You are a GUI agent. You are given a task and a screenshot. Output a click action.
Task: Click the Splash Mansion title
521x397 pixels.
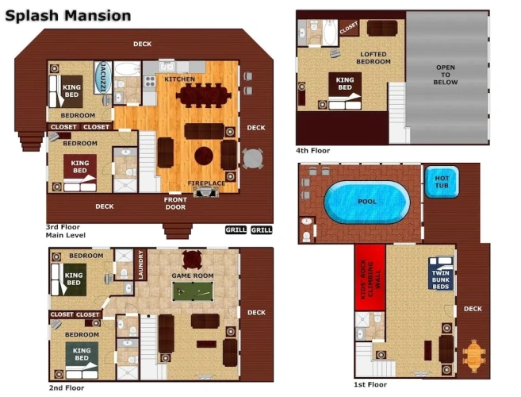pyautogui.click(x=68, y=16)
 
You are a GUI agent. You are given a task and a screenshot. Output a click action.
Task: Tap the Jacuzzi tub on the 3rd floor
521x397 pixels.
pyautogui.click(x=102, y=77)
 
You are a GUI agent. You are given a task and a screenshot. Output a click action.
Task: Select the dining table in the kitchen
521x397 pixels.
pyautogui.click(x=203, y=95)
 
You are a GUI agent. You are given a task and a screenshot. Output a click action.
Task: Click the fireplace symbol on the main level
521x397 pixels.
pyautogui.click(x=206, y=192)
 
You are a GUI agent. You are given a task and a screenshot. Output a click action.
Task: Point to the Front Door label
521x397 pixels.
pyautogui.click(x=175, y=203)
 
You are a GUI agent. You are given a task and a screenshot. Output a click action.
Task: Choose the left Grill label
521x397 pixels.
pyautogui.click(x=236, y=229)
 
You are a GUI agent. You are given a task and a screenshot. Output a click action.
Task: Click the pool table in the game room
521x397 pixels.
pyautogui.click(x=193, y=291)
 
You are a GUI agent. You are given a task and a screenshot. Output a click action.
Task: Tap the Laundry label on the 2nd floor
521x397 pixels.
pyautogui.click(x=140, y=265)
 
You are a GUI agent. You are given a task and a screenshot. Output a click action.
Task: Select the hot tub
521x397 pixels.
pyautogui.click(x=442, y=182)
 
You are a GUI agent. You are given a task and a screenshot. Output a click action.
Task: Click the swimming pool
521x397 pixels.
pyautogui.click(x=367, y=202)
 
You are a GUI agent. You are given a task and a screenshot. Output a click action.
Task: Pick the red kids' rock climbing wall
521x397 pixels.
pyautogui.click(x=370, y=277)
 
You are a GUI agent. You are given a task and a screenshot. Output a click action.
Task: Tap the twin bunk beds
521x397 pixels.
pyautogui.click(x=441, y=273)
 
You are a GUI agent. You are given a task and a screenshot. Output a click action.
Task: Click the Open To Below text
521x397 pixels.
pyautogui.click(x=446, y=75)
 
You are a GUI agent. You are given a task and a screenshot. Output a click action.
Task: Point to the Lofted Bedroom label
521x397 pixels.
pyautogui.click(x=374, y=58)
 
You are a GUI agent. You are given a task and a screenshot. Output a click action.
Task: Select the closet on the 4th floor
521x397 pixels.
pyautogui.click(x=349, y=28)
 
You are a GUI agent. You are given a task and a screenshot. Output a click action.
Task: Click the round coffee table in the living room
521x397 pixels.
pyautogui.click(x=204, y=156)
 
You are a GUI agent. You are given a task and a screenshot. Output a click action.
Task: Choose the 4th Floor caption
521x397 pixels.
pyautogui.click(x=312, y=150)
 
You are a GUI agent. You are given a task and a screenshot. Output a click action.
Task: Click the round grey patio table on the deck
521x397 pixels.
pyautogui.click(x=252, y=159)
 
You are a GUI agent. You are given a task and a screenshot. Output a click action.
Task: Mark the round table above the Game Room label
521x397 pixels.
pyautogui.click(x=192, y=260)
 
